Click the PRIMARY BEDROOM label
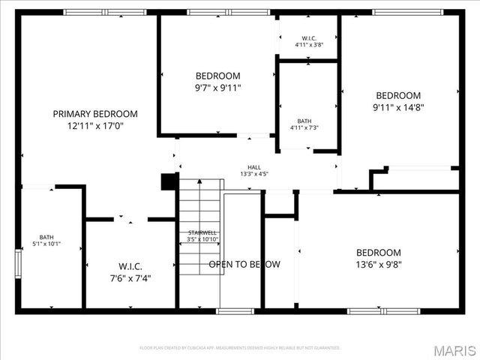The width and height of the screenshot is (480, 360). (x=95, y=114)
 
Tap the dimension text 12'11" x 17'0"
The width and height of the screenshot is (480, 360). (x=95, y=127)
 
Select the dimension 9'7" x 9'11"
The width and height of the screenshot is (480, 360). (x=217, y=88)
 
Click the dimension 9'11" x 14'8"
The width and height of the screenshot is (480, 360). (x=398, y=107)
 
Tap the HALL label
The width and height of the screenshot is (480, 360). (x=254, y=167)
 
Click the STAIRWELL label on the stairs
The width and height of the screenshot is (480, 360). (x=202, y=232)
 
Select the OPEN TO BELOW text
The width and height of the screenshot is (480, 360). (x=244, y=264)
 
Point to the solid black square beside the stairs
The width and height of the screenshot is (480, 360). (x=169, y=182)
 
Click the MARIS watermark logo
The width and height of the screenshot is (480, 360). (x=454, y=349)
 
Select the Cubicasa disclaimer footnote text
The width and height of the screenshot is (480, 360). (x=240, y=348)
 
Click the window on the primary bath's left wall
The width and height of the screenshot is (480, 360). (x=18, y=264)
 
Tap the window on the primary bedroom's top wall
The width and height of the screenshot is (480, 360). (x=104, y=12)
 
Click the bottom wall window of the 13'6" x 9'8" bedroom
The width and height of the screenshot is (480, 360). (x=373, y=310)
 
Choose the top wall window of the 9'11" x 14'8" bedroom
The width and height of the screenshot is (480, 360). (x=406, y=12)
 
